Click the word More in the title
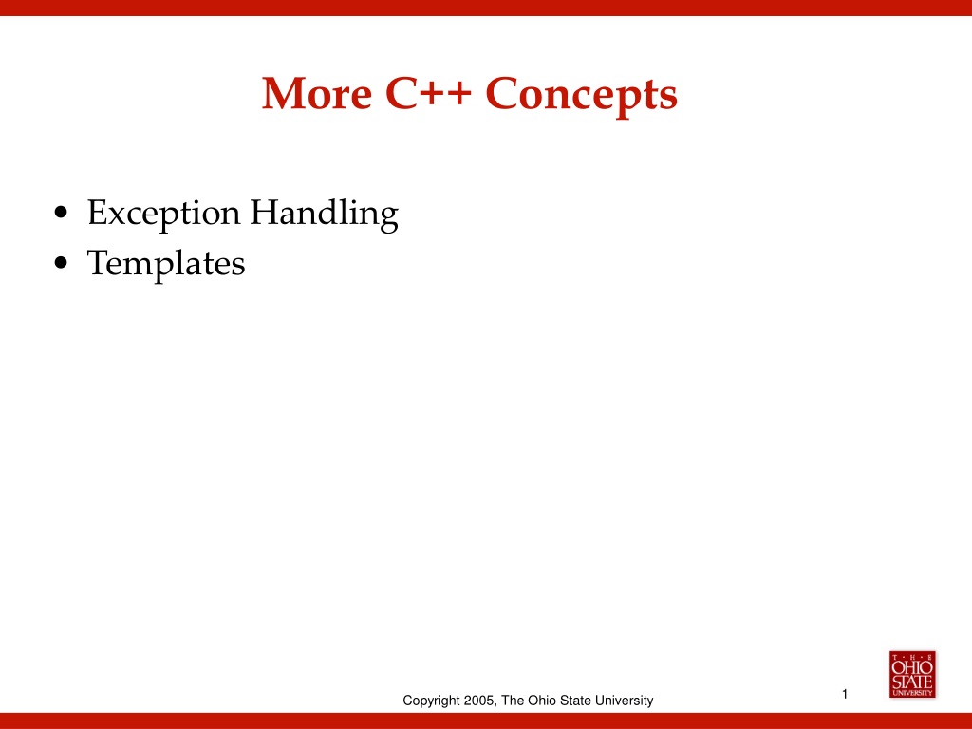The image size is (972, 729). [x=317, y=94]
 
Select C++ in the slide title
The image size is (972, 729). [x=428, y=94]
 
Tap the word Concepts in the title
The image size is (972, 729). [x=582, y=95]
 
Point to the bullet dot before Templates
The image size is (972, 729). [x=61, y=264]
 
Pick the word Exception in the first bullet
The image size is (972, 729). [x=163, y=214]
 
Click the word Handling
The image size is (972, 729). [x=325, y=214]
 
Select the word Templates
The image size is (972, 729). [x=166, y=264]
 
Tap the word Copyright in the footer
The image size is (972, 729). [x=432, y=701]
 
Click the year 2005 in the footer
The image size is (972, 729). [x=479, y=701]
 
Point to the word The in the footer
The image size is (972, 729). [x=513, y=700]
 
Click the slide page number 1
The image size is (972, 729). [x=844, y=694]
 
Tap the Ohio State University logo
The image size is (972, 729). [x=912, y=675]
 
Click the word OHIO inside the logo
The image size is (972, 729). [x=912, y=667]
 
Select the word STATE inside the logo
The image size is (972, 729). [x=912, y=682]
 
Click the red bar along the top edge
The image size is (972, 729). [x=486, y=8]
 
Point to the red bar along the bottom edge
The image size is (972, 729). [x=486, y=721]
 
